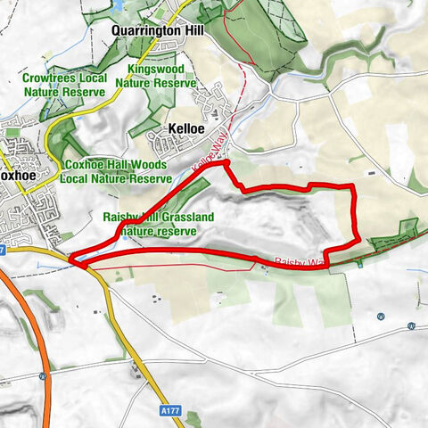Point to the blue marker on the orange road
[42, 376]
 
